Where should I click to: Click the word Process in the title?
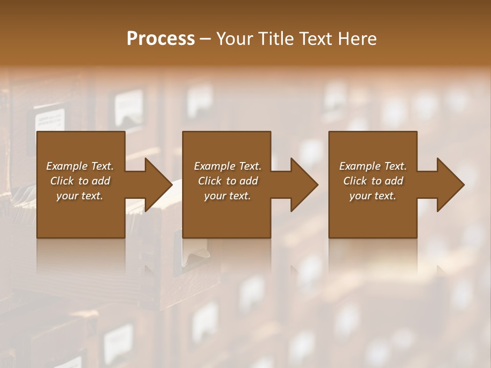tap(161, 39)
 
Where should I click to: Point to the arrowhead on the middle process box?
tap(304, 185)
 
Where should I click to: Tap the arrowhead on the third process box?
tap(450, 185)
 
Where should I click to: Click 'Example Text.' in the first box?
tap(80, 166)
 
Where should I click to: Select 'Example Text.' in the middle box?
tap(227, 166)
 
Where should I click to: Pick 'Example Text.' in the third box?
tap(373, 166)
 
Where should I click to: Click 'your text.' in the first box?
tap(80, 196)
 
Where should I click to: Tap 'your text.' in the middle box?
tap(227, 196)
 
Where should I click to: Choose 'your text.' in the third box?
tap(373, 196)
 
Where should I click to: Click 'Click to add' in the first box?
tap(80, 181)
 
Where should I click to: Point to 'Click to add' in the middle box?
tap(227, 181)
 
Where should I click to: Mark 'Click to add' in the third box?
tap(373, 181)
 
